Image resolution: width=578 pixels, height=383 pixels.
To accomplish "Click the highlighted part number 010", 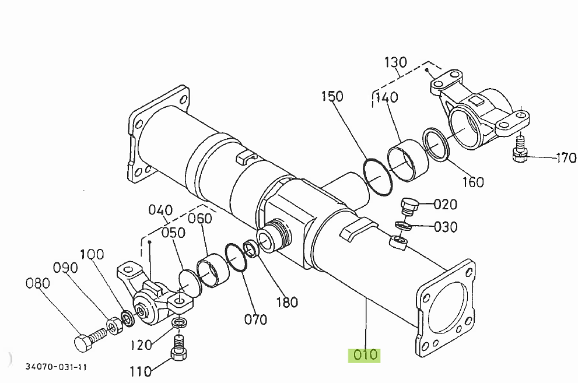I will point(364,355).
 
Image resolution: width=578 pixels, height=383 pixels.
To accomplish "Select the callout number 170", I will point(565,157).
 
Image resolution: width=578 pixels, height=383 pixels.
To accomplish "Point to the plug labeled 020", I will point(409,206).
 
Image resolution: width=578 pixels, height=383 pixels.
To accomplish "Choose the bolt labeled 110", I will point(179,347).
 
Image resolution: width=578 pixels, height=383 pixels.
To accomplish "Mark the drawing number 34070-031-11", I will point(56,367).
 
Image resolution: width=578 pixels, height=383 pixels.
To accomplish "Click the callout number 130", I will point(395,62).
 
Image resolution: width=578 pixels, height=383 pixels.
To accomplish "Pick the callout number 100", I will point(92,254).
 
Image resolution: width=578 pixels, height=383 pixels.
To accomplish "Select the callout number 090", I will point(65,268).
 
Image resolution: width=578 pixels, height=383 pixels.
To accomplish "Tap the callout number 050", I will point(174,233).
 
